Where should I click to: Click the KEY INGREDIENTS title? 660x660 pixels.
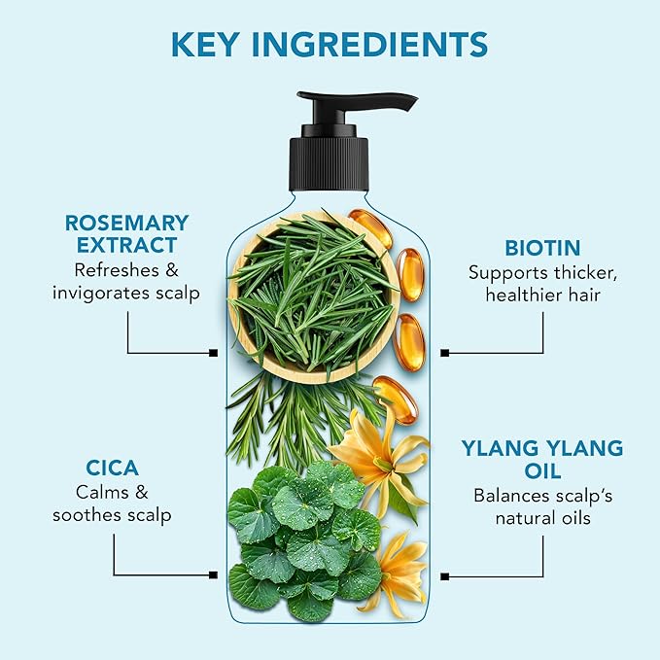click(x=330, y=45)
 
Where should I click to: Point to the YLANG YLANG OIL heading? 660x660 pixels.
click(x=541, y=460)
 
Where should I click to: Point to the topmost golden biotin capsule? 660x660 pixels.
click(x=370, y=227)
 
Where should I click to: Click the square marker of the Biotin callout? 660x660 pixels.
click(x=444, y=353)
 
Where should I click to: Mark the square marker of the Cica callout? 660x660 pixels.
click(x=214, y=574)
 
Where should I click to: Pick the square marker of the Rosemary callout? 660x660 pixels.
click(x=214, y=353)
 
